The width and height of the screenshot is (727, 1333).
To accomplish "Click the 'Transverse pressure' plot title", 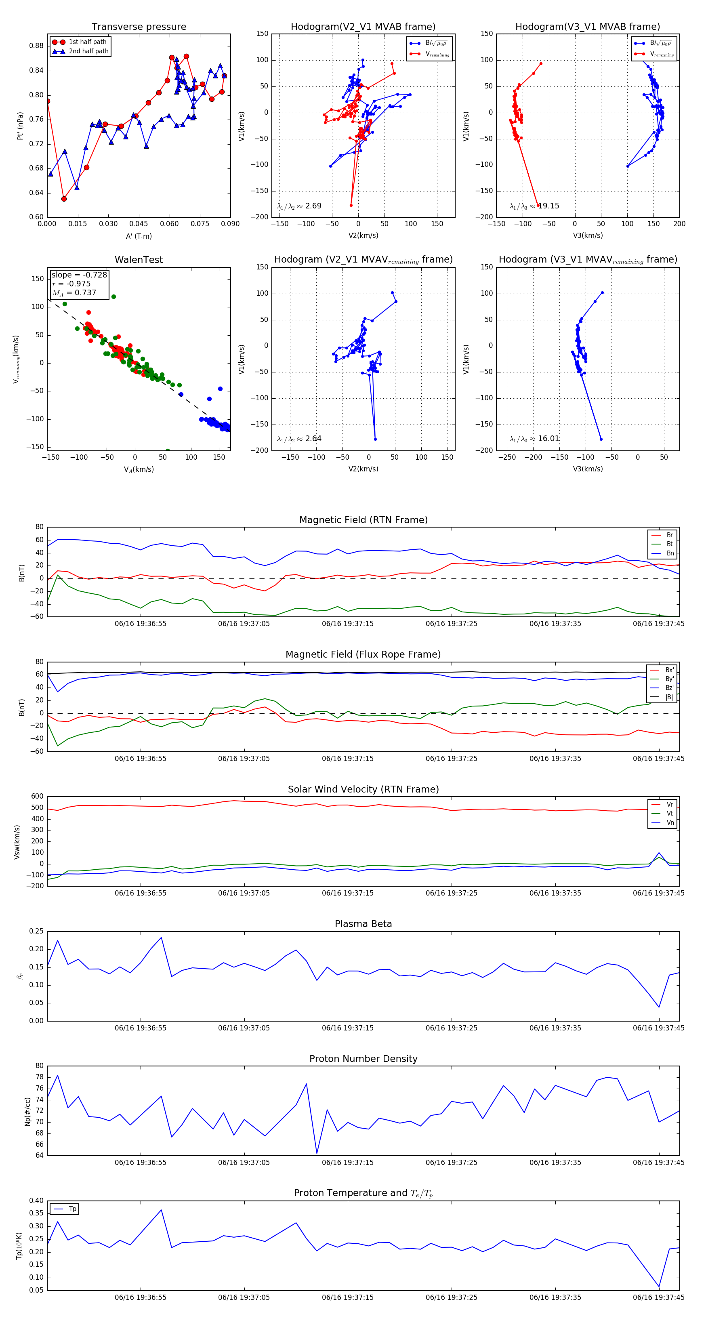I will coord(139,27).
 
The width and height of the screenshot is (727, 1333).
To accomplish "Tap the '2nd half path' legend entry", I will coord(88,51).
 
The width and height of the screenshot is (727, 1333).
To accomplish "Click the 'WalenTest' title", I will coord(139,260).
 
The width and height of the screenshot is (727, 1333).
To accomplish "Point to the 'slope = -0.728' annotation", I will coord(79,275).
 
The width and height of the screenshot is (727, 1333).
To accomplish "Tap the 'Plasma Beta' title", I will coord(363,924).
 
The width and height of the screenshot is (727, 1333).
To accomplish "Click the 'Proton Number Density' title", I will coord(363,1059).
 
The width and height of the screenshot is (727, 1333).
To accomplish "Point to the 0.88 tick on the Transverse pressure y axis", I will coord(36,46).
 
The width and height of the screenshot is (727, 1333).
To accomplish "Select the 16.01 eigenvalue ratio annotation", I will coord(548,439).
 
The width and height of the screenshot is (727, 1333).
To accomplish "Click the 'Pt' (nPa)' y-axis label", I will coord(20,126).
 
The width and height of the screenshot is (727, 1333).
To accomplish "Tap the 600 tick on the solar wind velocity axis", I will coord(37,797).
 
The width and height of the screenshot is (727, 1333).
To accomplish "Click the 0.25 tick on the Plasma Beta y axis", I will coord(36,931).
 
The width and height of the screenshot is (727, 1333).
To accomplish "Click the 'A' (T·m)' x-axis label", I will coord(139,236).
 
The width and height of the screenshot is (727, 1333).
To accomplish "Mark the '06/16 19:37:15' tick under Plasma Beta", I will coord(347,1028).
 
